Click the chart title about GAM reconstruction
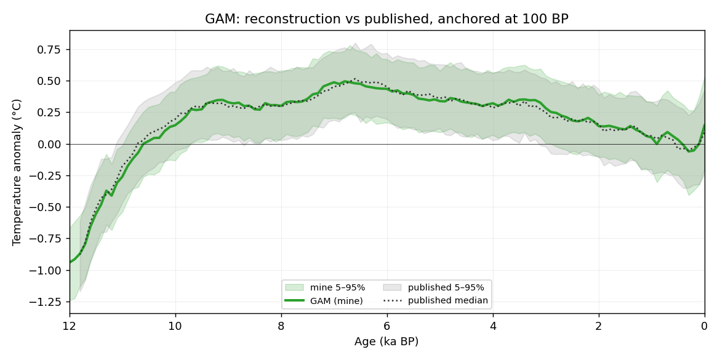click(386, 19)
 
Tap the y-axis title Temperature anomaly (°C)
click(17, 172)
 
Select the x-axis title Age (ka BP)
click(386, 342)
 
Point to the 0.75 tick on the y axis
click(51, 50)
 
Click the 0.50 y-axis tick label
click(51, 81)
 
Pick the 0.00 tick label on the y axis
click(51, 144)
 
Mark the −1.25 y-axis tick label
click(47, 302)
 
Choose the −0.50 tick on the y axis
click(47, 207)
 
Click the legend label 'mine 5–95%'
click(337, 288)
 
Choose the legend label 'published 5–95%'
click(446, 288)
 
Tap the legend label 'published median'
click(448, 301)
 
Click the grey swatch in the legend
click(392, 287)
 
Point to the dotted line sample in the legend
click(392, 301)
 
